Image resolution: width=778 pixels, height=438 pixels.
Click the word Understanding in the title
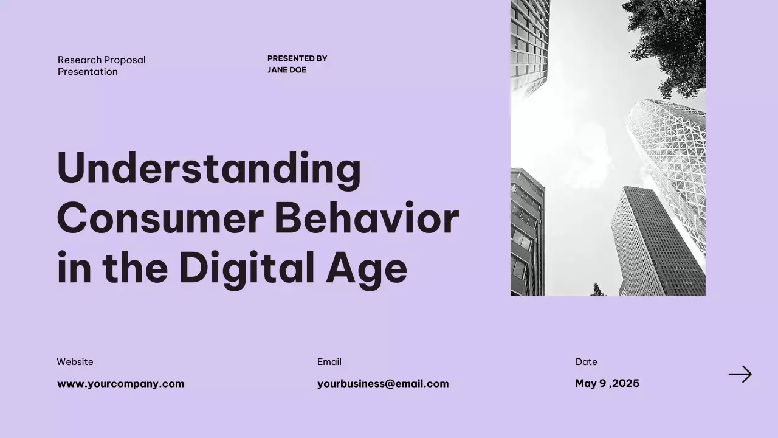pyautogui.click(x=208, y=169)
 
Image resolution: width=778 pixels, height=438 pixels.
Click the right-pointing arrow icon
pyautogui.click(x=740, y=374)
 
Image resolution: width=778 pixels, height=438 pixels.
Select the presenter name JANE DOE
pyautogui.click(x=287, y=70)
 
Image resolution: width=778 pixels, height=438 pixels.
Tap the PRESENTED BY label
pyautogui.click(x=297, y=58)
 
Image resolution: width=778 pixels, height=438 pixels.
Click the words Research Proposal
pyautogui.click(x=102, y=60)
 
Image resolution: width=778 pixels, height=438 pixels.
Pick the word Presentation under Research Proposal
pyautogui.click(x=88, y=72)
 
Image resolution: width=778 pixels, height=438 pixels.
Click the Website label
pyautogui.click(x=75, y=362)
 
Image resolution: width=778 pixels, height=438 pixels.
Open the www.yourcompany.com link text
pyautogui.click(x=120, y=384)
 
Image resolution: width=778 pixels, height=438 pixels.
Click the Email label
pyautogui.click(x=329, y=362)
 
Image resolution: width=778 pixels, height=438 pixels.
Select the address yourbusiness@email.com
pyautogui.click(x=383, y=384)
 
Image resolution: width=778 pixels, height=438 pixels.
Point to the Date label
pyautogui.click(x=586, y=362)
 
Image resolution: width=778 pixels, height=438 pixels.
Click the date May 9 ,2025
pyautogui.click(x=607, y=383)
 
